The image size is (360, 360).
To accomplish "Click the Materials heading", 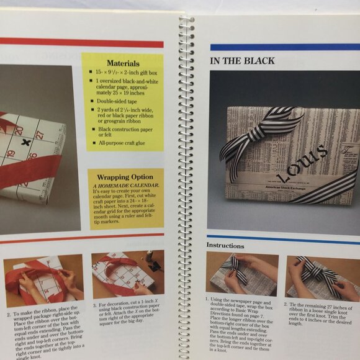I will (123, 63).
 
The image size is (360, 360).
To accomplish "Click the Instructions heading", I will (225, 245).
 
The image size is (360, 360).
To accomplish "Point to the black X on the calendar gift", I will (25, 142).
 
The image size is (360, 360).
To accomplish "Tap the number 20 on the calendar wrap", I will (19, 131).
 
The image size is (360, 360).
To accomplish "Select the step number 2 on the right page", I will (286, 305).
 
